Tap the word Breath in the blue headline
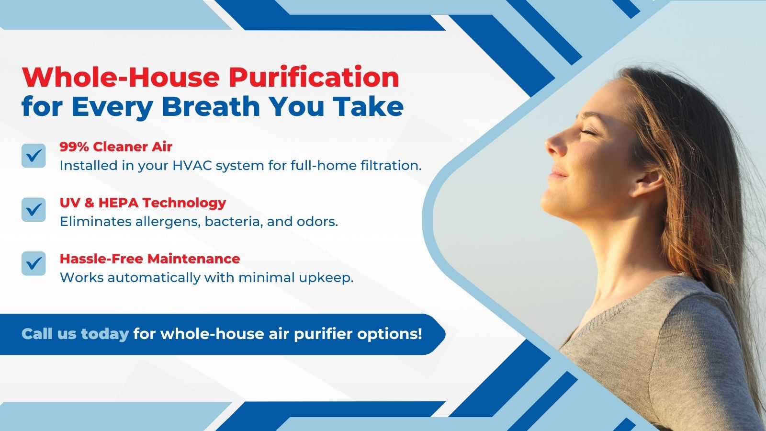[211, 106]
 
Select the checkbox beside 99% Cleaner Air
[34, 156]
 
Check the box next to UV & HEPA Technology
[34, 209]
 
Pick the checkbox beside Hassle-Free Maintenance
[34, 263]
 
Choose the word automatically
[154, 278]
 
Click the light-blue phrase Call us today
[75, 334]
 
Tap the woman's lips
[557, 173]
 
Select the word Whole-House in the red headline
[121, 77]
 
